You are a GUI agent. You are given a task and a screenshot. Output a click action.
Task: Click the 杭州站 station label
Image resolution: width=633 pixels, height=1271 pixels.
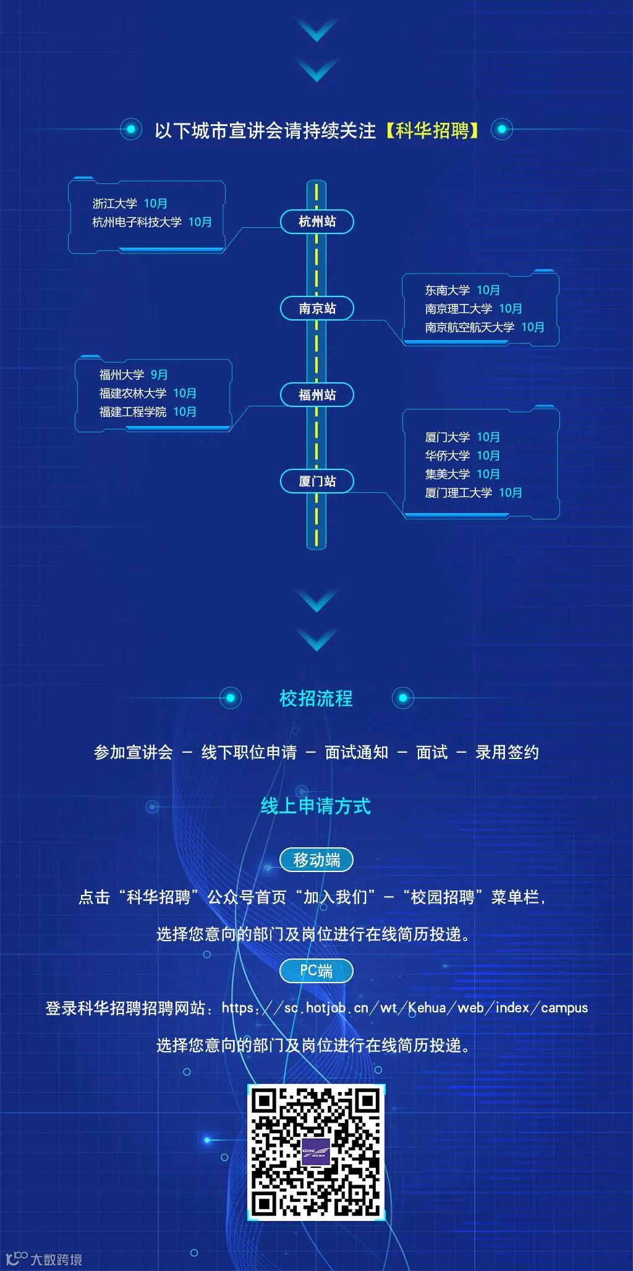pyautogui.click(x=317, y=222)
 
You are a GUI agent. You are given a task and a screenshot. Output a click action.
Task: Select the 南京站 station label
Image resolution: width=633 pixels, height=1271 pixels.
pyautogui.click(x=317, y=308)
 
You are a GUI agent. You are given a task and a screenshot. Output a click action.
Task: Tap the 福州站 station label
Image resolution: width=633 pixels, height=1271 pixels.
pyautogui.click(x=317, y=395)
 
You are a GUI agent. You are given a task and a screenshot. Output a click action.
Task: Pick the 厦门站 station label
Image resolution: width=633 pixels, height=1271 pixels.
pyautogui.click(x=317, y=481)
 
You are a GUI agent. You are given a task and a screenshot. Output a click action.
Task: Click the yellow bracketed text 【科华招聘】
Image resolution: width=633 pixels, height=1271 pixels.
pyautogui.click(x=433, y=130)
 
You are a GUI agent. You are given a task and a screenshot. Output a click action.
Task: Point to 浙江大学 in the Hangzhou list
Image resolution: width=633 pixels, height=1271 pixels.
pyautogui.click(x=114, y=204)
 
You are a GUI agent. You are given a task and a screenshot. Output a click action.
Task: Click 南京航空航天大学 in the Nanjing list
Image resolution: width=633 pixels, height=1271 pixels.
pyautogui.click(x=469, y=327)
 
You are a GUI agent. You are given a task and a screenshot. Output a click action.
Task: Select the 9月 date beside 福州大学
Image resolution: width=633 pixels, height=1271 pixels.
pyautogui.click(x=159, y=375)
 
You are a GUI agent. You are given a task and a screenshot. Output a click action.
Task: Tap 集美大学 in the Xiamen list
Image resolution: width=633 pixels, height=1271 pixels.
pyautogui.click(x=447, y=474)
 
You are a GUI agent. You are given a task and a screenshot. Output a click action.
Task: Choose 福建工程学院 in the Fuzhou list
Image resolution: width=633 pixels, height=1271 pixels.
pyautogui.click(x=132, y=412)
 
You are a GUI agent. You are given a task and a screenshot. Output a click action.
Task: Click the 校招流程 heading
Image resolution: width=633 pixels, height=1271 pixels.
pyautogui.click(x=316, y=698)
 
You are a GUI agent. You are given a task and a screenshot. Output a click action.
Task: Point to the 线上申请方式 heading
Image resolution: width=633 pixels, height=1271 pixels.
pyautogui.click(x=316, y=806)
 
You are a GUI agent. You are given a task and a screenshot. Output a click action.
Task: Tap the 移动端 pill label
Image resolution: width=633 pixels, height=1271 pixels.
pyautogui.click(x=316, y=860)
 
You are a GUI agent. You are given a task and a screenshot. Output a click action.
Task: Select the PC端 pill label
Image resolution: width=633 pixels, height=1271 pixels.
pyautogui.click(x=316, y=971)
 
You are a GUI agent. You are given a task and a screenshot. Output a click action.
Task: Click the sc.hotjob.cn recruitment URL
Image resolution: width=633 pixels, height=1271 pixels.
pyautogui.click(x=404, y=1008)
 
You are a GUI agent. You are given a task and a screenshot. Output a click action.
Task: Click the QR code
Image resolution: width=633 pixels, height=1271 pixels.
pyautogui.click(x=316, y=1152)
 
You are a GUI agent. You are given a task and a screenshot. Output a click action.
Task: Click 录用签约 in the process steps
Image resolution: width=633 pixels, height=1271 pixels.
pyautogui.click(x=507, y=752)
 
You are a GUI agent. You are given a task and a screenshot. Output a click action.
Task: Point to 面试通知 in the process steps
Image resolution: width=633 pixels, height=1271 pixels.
pyautogui.click(x=357, y=752)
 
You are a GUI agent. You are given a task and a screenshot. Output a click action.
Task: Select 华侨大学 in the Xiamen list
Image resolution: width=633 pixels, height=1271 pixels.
pyautogui.click(x=447, y=456)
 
